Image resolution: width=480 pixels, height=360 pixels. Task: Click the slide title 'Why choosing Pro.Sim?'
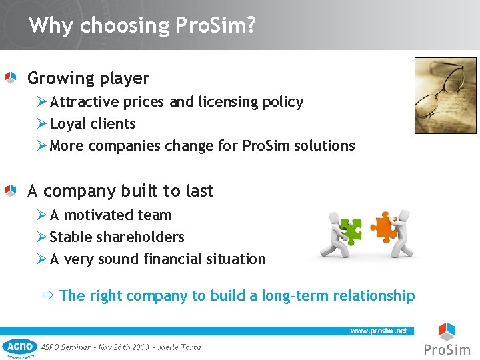(142, 26)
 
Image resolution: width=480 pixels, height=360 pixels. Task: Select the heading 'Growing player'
(88, 79)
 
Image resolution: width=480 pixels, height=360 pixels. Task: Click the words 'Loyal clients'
(93, 124)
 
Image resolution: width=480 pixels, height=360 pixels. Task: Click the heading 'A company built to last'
(120, 191)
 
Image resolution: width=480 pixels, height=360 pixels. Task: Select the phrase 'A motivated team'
(111, 215)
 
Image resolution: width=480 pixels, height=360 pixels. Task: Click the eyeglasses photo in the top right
(445, 95)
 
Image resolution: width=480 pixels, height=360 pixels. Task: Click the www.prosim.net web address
(378, 331)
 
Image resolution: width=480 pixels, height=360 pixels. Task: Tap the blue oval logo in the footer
(19, 347)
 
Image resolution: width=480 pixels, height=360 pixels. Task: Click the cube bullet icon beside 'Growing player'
(10, 79)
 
